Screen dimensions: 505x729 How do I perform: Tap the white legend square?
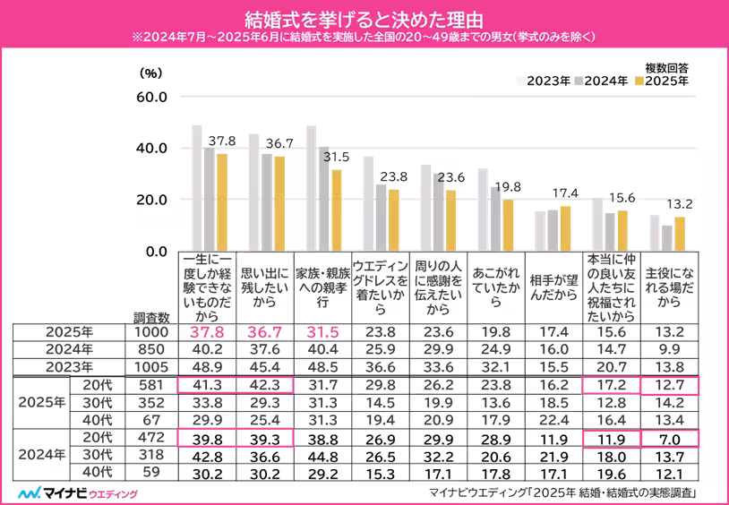click(x=521, y=81)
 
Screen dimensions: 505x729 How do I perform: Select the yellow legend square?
click(x=639, y=81)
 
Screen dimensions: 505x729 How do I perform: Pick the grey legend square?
click(x=580, y=81)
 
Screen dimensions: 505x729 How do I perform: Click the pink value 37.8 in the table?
click(x=207, y=332)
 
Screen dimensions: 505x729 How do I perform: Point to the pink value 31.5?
click(x=322, y=332)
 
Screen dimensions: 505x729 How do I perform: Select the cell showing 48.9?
click(x=207, y=367)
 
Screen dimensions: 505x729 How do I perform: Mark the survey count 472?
click(x=150, y=438)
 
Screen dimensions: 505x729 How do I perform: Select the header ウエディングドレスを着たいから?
click(x=381, y=286)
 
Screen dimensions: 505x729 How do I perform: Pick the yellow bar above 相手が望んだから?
click(x=565, y=228)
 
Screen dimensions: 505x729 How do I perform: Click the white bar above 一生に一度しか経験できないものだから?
click(x=197, y=187)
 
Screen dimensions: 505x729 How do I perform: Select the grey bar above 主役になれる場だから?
click(x=667, y=237)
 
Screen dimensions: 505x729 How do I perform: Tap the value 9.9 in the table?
click(x=670, y=349)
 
